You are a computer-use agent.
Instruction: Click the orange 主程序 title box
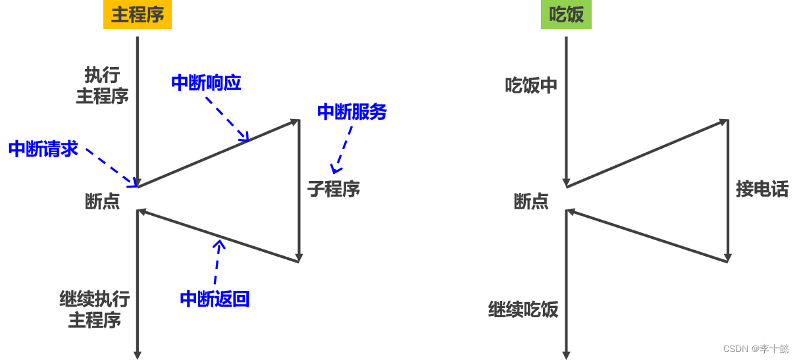coord(137,14)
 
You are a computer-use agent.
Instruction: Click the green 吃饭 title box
coord(566,14)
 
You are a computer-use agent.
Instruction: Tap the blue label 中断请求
coord(43,149)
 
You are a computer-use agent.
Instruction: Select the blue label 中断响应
coord(206,83)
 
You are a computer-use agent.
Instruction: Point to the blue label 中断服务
coord(351,112)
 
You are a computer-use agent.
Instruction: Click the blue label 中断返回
coord(215,299)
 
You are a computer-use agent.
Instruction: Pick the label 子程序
coord(334,190)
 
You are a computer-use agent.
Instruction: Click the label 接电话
coord(762,190)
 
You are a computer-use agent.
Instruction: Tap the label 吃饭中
coord(531,86)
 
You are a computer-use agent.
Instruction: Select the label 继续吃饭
coord(523,309)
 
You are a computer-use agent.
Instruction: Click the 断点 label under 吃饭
coord(530,201)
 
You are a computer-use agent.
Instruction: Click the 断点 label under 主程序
coord(102,201)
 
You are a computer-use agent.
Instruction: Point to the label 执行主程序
coord(102,86)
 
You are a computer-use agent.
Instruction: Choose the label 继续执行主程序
coord(95,310)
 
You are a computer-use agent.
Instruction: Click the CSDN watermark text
coord(756,349)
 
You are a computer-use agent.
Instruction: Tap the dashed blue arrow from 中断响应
coord(227,118)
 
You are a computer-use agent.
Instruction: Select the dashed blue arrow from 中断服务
coord(343,149)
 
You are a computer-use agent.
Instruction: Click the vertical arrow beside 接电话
coord(727,191)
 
